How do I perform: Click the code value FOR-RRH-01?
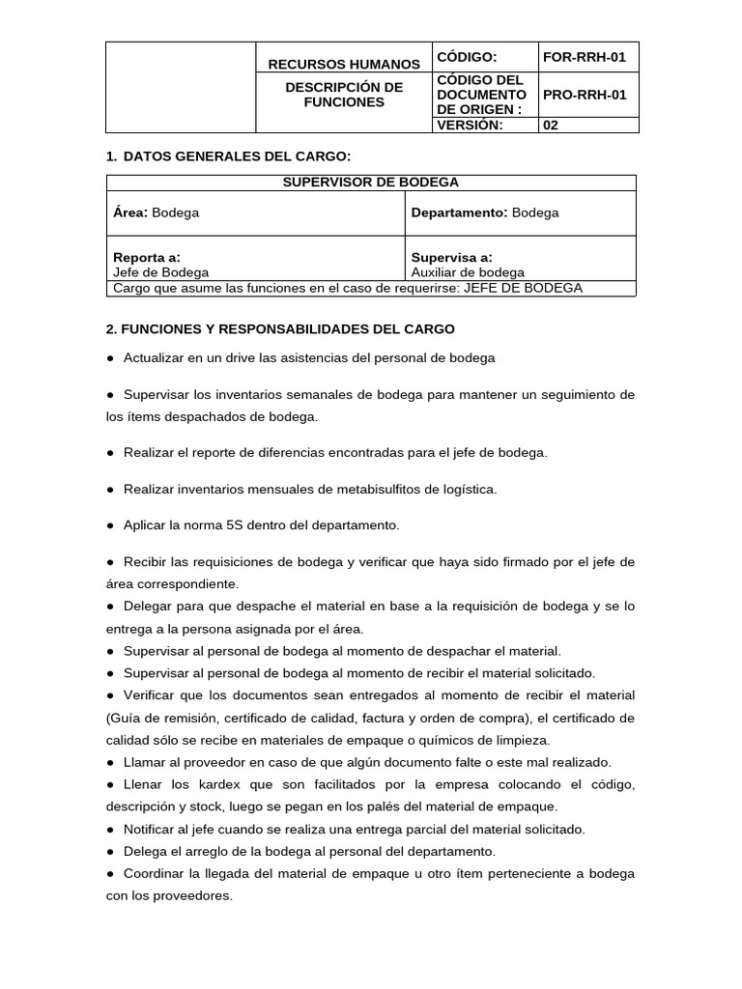coord(585,57)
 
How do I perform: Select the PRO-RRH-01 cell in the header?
coord(585,95)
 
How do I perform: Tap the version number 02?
coord(551,125)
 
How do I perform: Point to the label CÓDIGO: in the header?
coord(467,57)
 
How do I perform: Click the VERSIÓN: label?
coord(470,125)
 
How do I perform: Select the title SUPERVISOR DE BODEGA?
coord(371,182)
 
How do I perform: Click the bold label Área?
coord(130,212)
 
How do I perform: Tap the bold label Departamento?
coord(459,212)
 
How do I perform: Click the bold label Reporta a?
coord(147,257)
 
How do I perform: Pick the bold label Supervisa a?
coord(451,257)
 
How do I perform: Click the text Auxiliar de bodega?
coord(468,272)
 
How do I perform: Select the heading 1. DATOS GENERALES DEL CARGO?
coord(228,156)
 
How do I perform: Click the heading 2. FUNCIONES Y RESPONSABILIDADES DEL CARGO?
coord(280,329)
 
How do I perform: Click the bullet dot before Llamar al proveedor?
coord(111,762)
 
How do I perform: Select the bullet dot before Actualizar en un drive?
coord(111,357)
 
